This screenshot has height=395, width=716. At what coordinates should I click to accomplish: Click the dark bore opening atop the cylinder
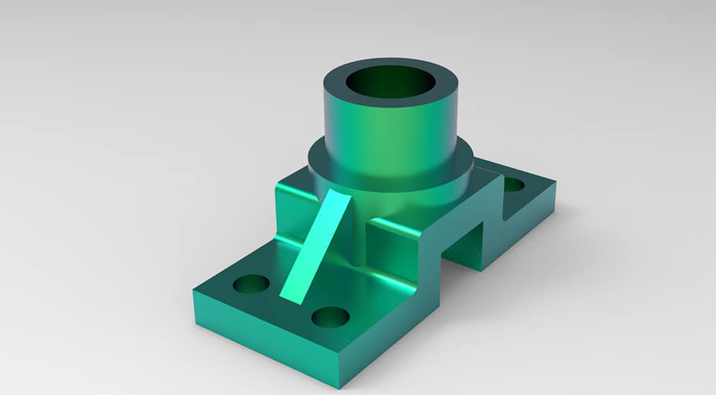[x=390, y=82]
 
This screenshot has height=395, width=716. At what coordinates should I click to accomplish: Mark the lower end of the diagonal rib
[x=294, y=294]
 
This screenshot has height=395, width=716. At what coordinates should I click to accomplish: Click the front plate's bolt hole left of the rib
[x=251, y=284]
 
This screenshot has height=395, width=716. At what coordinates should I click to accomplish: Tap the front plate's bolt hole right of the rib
[x=330, y=317]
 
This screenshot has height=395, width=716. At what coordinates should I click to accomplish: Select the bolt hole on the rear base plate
[x=513, y=183]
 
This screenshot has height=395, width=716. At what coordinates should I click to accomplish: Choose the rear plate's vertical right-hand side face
[x=530, y=224]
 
